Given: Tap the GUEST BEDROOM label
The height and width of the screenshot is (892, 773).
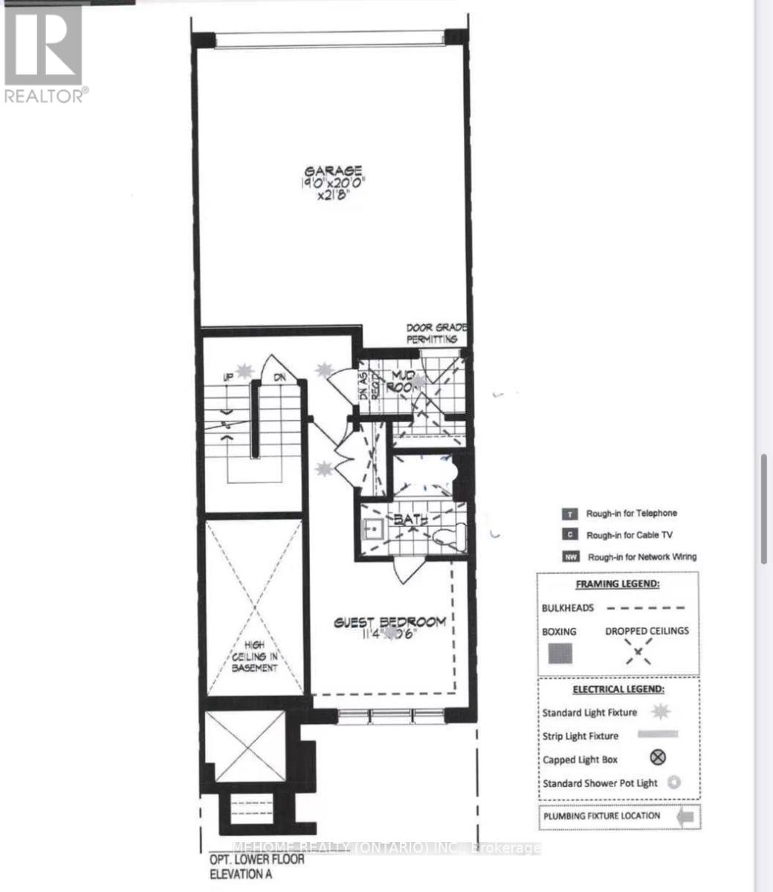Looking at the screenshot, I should point(389,622).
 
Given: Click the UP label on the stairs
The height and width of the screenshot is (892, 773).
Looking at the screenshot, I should point(229,378).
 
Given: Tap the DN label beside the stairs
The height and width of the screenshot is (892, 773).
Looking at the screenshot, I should point(279,378).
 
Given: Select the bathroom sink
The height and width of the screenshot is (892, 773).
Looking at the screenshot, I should point(371,529).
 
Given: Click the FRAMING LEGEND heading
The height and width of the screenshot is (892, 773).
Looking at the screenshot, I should point(617,584).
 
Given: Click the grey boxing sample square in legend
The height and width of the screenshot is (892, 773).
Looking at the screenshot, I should point(560,653).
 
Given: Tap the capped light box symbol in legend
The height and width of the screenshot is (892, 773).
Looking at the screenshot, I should point(658,758).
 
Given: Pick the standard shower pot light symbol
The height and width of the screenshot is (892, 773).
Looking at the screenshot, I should point(673,782).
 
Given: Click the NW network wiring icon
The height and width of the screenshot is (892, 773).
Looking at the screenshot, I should point(570,557).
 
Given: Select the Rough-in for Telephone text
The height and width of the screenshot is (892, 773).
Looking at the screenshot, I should point(632,513).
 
